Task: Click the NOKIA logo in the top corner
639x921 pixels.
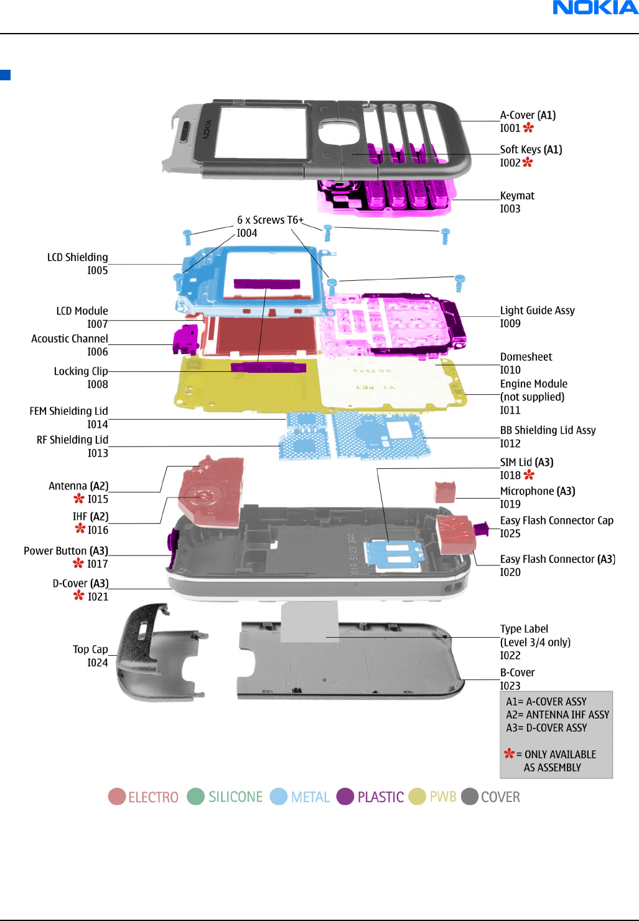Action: point(595,7)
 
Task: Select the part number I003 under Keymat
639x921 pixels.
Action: point(510,209)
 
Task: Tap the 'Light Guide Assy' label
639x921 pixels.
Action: point(537,310)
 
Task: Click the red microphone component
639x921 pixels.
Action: point(445,492)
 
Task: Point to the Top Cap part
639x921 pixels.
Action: point(159,654)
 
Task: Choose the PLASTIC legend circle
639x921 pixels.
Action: point(345,796)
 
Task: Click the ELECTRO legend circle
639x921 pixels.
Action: point(117,796)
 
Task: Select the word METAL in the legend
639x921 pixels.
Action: point(310,797)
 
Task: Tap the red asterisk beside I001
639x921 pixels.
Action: point(528,128)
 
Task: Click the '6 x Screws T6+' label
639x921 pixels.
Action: point(270,220)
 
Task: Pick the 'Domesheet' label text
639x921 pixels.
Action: point(526,357)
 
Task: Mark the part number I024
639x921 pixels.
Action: point(98,663)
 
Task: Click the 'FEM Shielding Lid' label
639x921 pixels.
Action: point(68,411)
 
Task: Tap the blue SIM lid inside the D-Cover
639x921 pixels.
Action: point(394,555)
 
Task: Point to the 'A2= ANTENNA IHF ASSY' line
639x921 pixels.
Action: point(557,714)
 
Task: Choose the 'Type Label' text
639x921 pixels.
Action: point(524,629)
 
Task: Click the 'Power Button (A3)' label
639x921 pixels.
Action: point(65,551)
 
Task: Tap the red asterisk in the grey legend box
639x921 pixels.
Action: point(509,753)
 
